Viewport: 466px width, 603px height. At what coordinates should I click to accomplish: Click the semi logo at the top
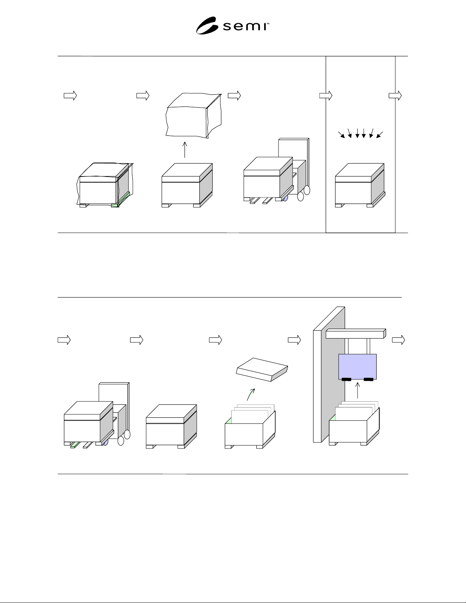point(232,25)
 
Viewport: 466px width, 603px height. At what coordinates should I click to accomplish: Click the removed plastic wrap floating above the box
point(194,115)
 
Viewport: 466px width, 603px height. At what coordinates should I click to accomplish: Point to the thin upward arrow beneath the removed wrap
point(185,150)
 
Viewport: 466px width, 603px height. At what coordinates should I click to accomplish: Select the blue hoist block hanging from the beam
point(358,367)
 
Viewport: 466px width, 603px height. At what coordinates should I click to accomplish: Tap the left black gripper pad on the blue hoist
point(346,379)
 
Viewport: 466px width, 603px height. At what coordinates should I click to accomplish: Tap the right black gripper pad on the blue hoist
point(368,379)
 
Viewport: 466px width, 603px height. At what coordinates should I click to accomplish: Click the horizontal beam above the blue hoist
point(356,334)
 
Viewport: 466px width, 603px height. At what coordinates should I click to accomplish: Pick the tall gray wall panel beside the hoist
point(329,374)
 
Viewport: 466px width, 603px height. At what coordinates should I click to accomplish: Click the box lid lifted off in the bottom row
point(262,370)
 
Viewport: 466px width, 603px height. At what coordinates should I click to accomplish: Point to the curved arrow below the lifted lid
point(251,394)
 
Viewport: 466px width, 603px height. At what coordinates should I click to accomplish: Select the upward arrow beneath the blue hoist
point(358,390)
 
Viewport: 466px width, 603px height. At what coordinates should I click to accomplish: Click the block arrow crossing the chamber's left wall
point(326,95)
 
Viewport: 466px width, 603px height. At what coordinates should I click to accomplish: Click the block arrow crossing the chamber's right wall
point(395,95)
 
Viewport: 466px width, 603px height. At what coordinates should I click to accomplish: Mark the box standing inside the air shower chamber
point(360,185)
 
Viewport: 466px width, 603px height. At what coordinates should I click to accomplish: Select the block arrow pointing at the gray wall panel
point(294,340)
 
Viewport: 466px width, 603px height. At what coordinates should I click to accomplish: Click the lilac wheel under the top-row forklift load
point(285,198)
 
